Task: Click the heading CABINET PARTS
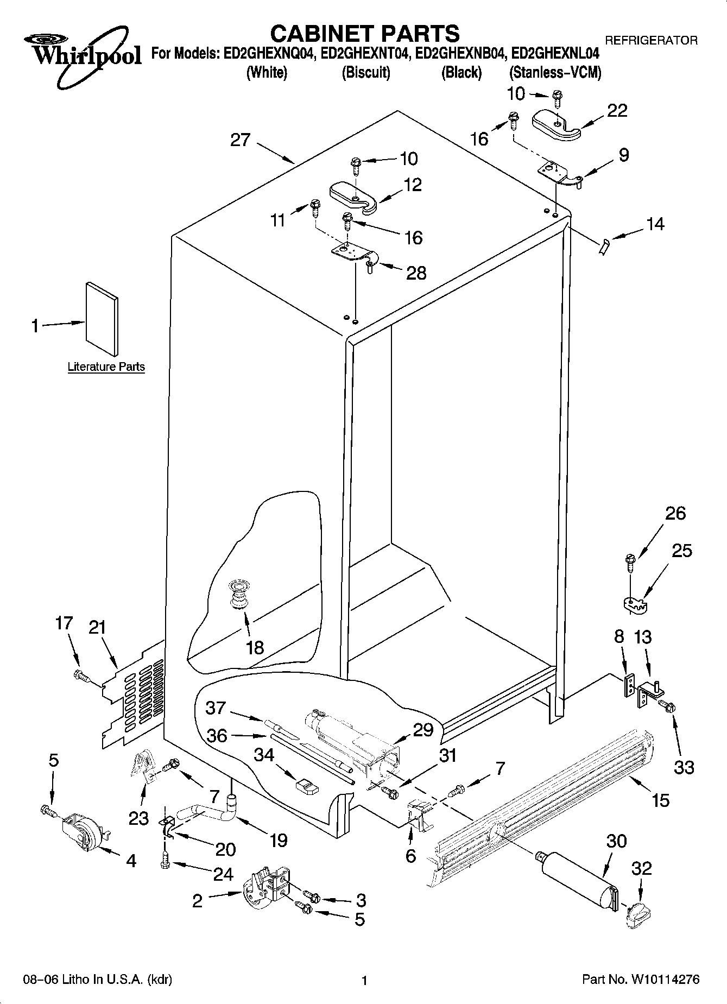coord(364,34)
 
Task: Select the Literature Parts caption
coord(106,367)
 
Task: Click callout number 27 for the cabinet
coord(240,140)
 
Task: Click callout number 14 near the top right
coord(655,224)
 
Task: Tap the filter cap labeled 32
coord(637,914)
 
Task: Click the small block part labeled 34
coord(306,787)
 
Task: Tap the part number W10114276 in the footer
coord(665,980)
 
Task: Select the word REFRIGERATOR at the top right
coord(651,40)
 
